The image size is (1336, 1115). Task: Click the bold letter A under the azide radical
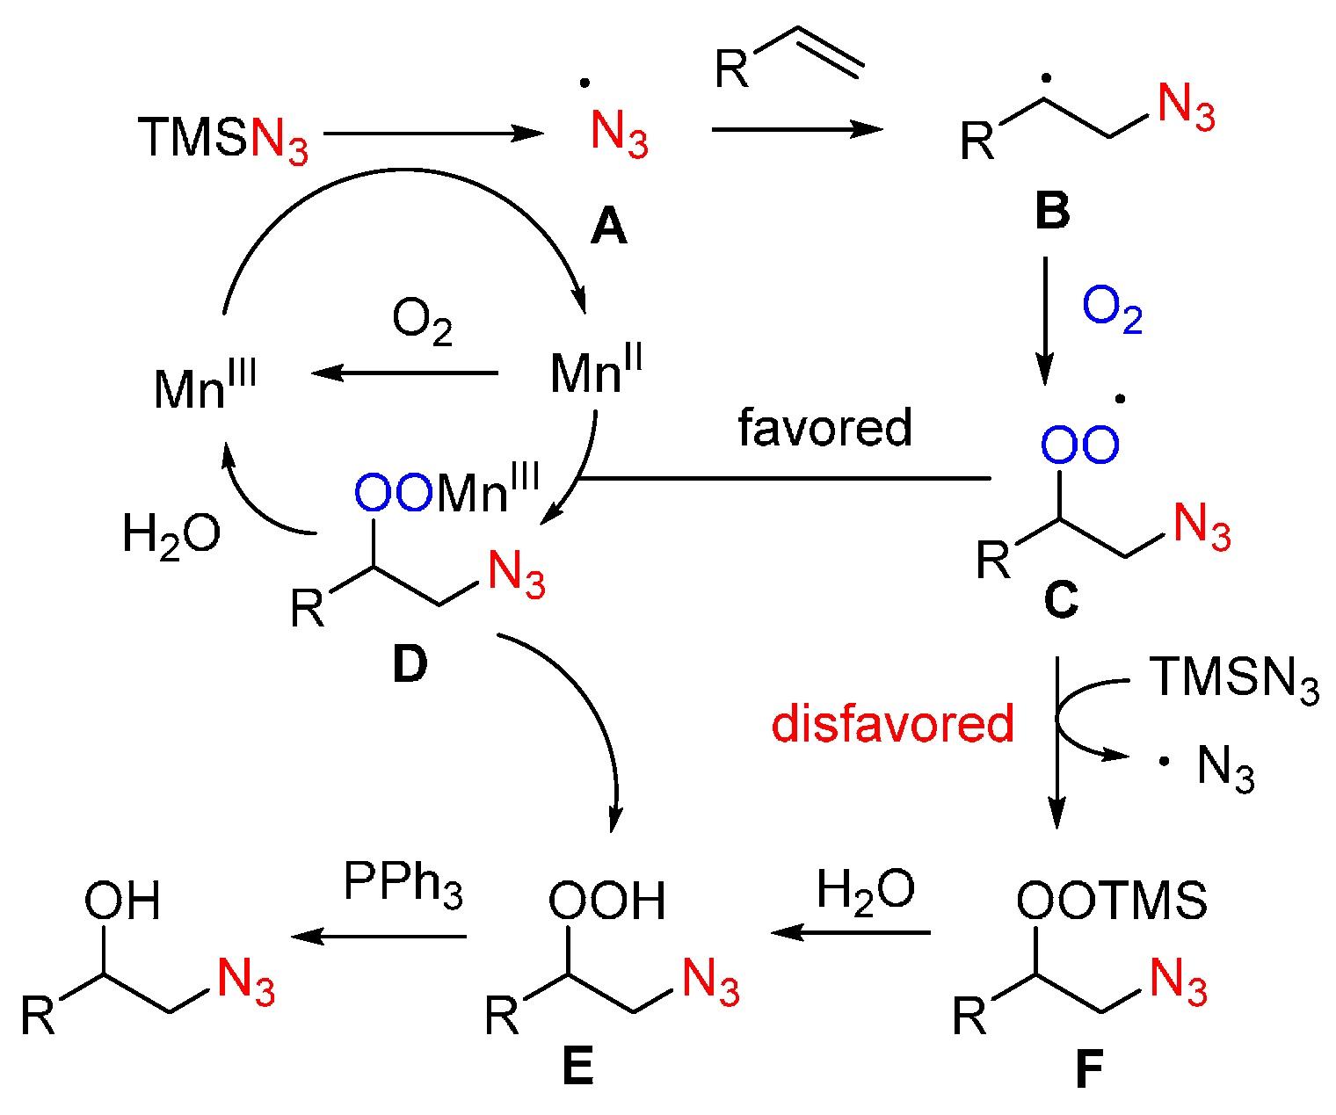608,228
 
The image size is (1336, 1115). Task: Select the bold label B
1052,211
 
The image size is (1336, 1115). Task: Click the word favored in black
824,428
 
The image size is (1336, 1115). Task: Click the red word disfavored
892,724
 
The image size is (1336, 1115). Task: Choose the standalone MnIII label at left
205,387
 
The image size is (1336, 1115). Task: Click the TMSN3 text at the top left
224,139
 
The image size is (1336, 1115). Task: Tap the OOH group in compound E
606,901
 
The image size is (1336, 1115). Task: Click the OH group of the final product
122,901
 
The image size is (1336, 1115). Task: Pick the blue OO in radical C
1079,445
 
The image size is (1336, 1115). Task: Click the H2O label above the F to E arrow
865,890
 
